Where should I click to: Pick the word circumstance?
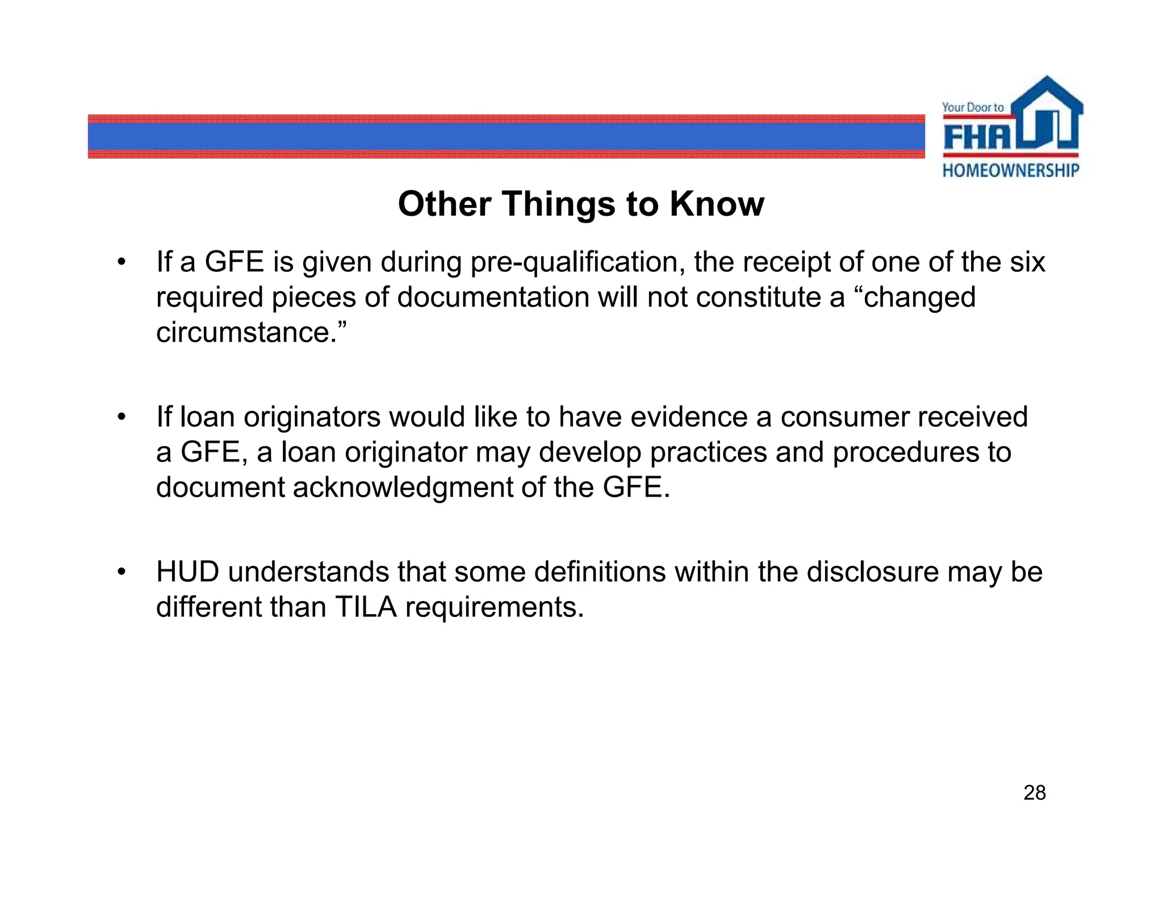click(247, 333)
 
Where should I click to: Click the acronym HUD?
click(188, 572)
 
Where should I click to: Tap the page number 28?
click(1034, 793)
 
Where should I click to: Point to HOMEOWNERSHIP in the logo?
click(1011, 170)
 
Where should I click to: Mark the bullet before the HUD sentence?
click(120, 572)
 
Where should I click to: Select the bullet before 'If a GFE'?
click(120, 262)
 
